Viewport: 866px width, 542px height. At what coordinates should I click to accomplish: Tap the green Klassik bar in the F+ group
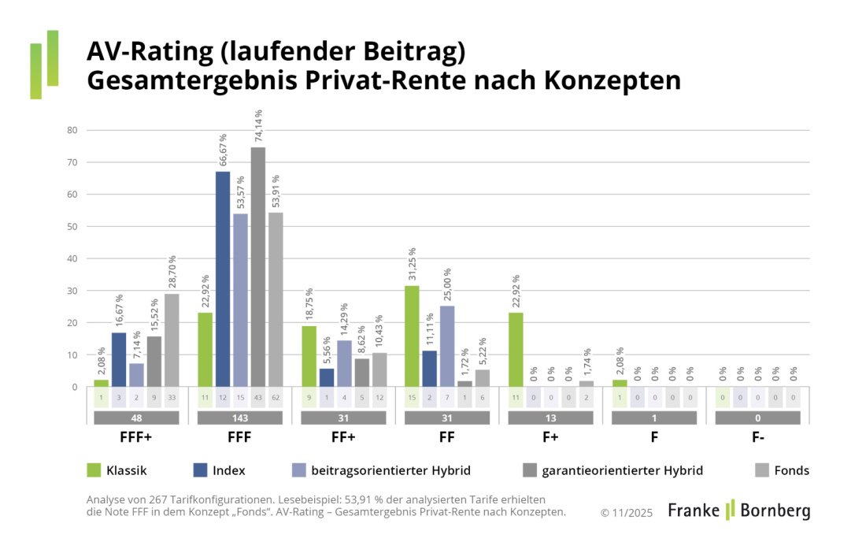516,350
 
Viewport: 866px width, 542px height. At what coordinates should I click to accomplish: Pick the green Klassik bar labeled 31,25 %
412,336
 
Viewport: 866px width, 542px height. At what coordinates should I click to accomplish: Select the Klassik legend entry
117,470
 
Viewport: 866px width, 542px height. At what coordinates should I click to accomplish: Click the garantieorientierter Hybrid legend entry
612,470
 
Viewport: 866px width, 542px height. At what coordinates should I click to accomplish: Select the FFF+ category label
136,435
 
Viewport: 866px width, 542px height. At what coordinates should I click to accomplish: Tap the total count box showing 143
240,418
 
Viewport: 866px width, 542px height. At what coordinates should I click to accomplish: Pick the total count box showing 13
551,418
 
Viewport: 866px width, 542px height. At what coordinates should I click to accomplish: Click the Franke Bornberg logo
738,510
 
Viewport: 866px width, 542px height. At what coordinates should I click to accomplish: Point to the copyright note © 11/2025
627,512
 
